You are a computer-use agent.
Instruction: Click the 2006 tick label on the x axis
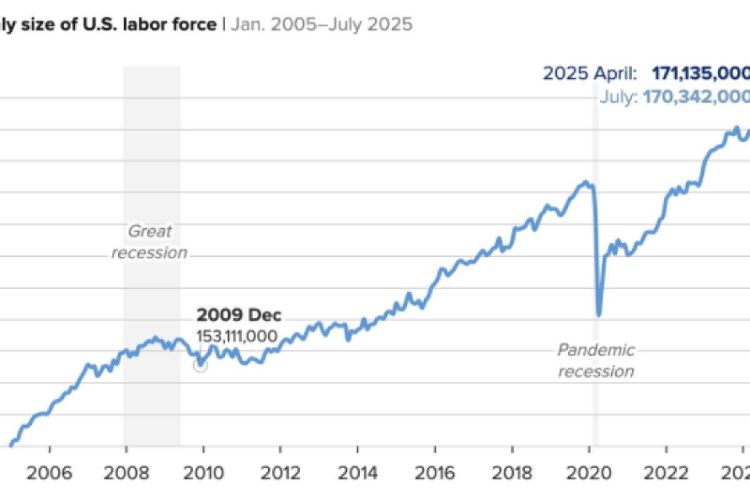click(x=49, y=472)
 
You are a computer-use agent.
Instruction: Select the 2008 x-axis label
click(x=127, y=472)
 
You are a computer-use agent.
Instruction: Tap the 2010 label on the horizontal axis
click(x=204, y=472)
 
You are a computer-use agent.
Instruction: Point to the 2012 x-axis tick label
click(x=281, y=472)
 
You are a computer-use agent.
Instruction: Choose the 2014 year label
click(x=357, y=472)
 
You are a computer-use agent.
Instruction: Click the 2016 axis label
click(x=435, y=472)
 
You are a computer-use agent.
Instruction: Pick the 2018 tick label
click(x=512, y=472)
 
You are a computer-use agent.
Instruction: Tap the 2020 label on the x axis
click(x=589, y=472)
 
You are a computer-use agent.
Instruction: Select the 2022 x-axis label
click(x=666, y=472)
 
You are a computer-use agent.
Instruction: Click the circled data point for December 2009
click(x=200, y=366)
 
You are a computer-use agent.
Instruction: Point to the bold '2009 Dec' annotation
click(x=239, y=315)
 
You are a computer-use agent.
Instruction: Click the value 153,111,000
click(x=237, y=336)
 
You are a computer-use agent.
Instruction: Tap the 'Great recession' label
click(x=150, y=242)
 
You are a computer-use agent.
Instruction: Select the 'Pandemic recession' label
click(x=596, y=361)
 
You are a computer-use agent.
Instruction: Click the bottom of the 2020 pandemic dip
click(x=599, y=314)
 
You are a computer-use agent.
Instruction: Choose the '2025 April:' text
click(x=590, y=74)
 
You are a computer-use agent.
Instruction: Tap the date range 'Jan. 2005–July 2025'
click(x=322, y=25)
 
